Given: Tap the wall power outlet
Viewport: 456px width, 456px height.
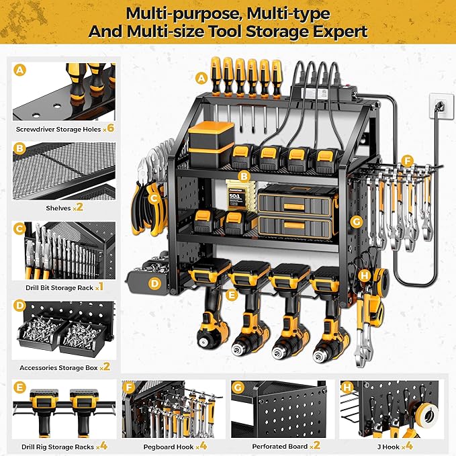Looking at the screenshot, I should pos(438,106).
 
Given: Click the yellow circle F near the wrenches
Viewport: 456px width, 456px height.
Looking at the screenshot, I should pos(405,161).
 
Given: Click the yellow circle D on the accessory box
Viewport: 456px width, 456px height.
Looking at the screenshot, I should pos(154,283).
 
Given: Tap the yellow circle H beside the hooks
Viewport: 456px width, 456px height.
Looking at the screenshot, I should pos(363,275).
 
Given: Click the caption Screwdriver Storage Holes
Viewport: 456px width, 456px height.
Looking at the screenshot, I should pos(58,128).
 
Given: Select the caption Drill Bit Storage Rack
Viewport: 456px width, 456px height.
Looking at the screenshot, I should pos(58,287).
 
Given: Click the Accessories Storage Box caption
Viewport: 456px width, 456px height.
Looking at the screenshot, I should pos(58,367).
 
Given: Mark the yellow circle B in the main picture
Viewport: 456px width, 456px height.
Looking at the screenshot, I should pos(246,176).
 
